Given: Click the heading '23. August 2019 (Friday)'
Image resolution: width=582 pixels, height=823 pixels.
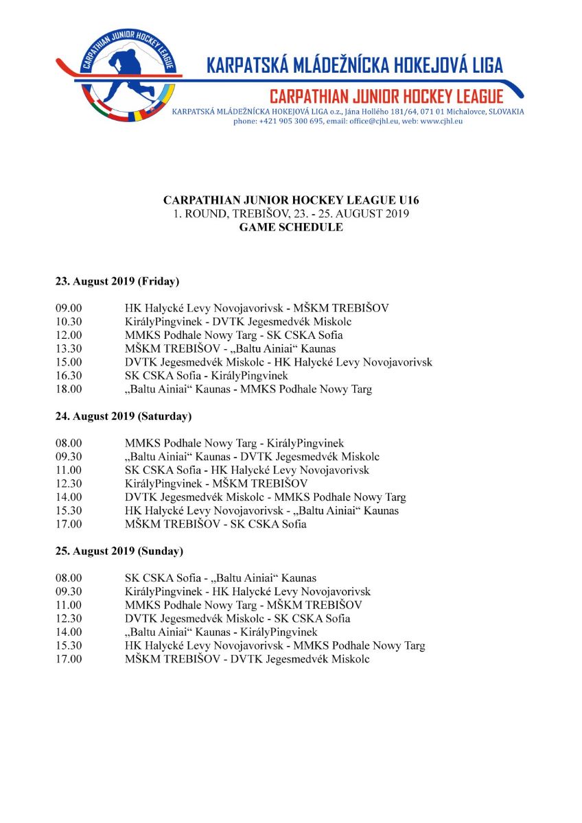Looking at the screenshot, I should (117, 281).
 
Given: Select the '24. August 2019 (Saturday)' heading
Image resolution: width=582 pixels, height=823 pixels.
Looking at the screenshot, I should (124, 416).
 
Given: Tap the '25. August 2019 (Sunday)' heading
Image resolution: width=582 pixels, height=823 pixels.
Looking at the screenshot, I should (119, 551).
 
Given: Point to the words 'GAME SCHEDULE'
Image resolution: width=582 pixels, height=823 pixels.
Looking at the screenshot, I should (291, 227).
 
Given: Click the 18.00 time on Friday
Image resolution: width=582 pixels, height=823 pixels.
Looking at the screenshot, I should (69, 390).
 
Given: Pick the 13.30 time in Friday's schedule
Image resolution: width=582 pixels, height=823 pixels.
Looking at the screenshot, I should (69, 349).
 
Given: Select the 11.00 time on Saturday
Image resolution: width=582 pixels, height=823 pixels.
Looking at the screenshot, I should (69, 470).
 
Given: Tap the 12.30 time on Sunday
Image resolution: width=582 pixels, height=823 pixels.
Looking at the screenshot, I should (69, 619).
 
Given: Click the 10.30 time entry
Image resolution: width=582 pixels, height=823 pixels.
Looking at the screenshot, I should (69, 322).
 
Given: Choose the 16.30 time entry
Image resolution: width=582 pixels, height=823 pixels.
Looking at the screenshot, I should (69, 376).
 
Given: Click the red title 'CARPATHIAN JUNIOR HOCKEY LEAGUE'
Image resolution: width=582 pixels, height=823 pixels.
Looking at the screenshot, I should (386, 96).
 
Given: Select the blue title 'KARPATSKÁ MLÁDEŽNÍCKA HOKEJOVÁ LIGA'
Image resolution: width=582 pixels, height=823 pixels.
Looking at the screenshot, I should (355, 66).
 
